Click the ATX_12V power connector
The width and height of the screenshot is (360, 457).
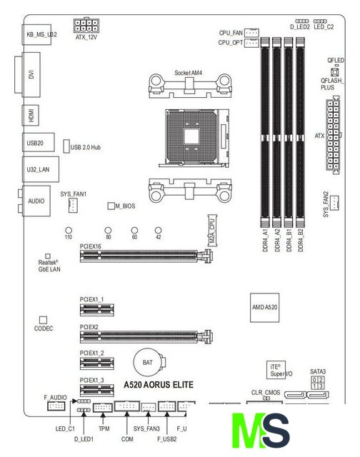(x=86, y=25)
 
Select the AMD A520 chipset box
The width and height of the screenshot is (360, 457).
(x=265, y=308)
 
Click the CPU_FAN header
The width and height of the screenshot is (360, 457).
(x=251, y=32)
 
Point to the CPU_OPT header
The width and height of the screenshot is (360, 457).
(x=251, y=43)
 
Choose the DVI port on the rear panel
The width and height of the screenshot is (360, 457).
(x=28, y=74)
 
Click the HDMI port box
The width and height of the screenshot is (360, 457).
(x=31, y=116)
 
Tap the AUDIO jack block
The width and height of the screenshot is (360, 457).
(x=35, y=201)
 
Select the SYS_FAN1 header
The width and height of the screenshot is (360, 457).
(x=73, y=205)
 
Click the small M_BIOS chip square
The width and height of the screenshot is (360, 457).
(x=111, y=206)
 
